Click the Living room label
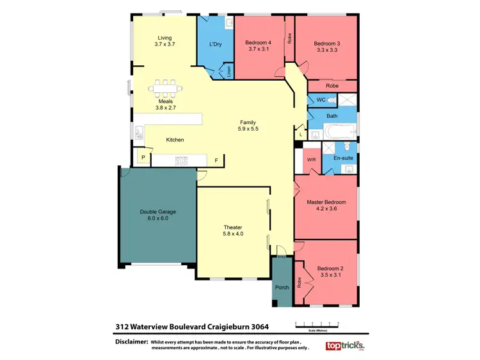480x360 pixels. click(164, 37)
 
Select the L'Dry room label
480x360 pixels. click(216, 44)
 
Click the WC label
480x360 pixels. click(321, 100)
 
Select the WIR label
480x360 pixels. click(312, 159)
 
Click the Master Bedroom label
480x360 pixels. click(326, 202)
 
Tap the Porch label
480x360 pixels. click(282, 288)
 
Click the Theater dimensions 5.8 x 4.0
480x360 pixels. click(233, 234)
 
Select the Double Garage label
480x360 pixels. click(157, 211)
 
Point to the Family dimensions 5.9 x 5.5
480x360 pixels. click(248, 129)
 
